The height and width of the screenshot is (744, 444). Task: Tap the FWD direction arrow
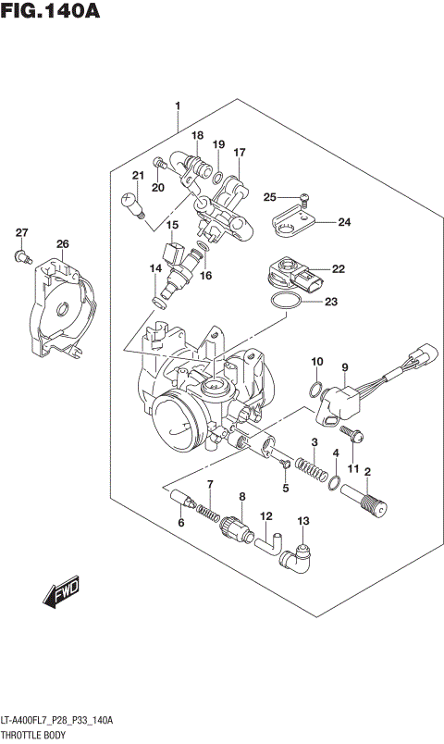click(x=63, y=592)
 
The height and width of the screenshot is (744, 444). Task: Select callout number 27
click(x=21, y=232)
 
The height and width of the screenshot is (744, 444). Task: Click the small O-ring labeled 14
click(x=159, y=302)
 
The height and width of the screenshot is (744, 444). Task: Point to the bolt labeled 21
click(x=131, y=202)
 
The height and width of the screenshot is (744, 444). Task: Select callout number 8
click(x=241, y=497)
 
